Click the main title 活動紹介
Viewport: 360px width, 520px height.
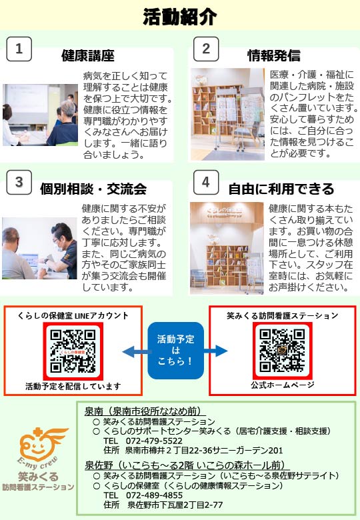click(180, 17)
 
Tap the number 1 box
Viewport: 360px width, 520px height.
click(19, 49)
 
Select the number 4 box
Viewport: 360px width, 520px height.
click(206, 182)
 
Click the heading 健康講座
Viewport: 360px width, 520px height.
click(88, 55)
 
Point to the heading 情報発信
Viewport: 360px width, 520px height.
click(274, 55)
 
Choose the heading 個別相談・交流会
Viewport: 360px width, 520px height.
click(93, 189)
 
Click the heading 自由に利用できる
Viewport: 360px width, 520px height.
click(281, 189)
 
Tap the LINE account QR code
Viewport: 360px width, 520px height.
click(73, 351)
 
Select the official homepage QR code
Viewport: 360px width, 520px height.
click(282, 351)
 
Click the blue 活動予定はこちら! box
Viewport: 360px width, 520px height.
click(176, 351)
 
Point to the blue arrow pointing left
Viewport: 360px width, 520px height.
click(135, 351)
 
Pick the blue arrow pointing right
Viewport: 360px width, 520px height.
click(215, 351)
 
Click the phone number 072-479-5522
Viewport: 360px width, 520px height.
click(154, 441)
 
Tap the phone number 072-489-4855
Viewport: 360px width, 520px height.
click(154, 495)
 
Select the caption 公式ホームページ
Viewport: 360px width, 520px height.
click(283, 385)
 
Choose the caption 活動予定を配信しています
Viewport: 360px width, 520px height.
click(73, 386)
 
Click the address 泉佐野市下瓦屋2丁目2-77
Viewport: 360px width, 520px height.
click(175, 505)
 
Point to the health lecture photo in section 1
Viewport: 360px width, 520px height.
click(41, 115)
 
